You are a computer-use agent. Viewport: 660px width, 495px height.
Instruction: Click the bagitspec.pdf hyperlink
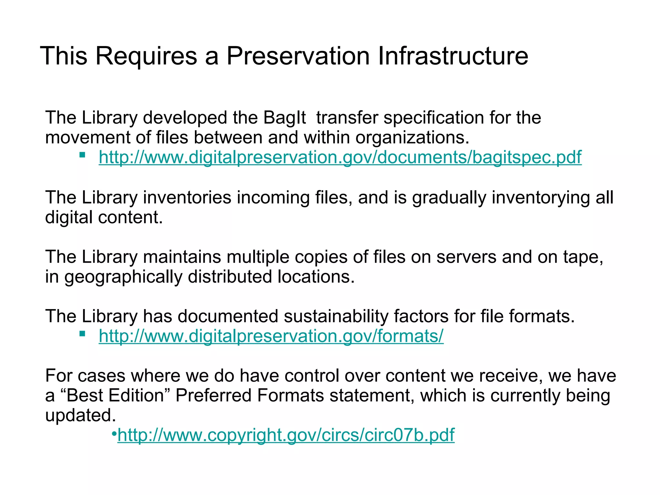tap(340, 158)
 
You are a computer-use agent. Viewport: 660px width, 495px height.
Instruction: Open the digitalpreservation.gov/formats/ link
tap(271, 336)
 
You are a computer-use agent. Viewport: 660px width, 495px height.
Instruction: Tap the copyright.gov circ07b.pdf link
tap(286, 435)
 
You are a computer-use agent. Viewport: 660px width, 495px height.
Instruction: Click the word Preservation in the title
tap(298, 56)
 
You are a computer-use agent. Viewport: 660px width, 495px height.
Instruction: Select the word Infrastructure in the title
tap(453, 56)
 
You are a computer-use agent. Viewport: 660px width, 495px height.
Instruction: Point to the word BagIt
tap(284, 118)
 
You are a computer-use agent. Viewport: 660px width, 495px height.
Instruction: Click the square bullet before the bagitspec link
tap(82, 155)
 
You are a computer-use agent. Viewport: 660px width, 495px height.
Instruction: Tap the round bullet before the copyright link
tap(114, 433)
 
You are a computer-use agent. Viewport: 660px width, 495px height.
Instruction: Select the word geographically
tap(123, 277)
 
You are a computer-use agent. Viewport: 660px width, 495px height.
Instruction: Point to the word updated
tap(80, 415)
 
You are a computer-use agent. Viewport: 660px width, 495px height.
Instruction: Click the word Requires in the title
tap(146, 56)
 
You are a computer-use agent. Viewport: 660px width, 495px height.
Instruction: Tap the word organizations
tap(412, 138)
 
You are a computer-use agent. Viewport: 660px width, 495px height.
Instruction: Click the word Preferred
tap(213, 396)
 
